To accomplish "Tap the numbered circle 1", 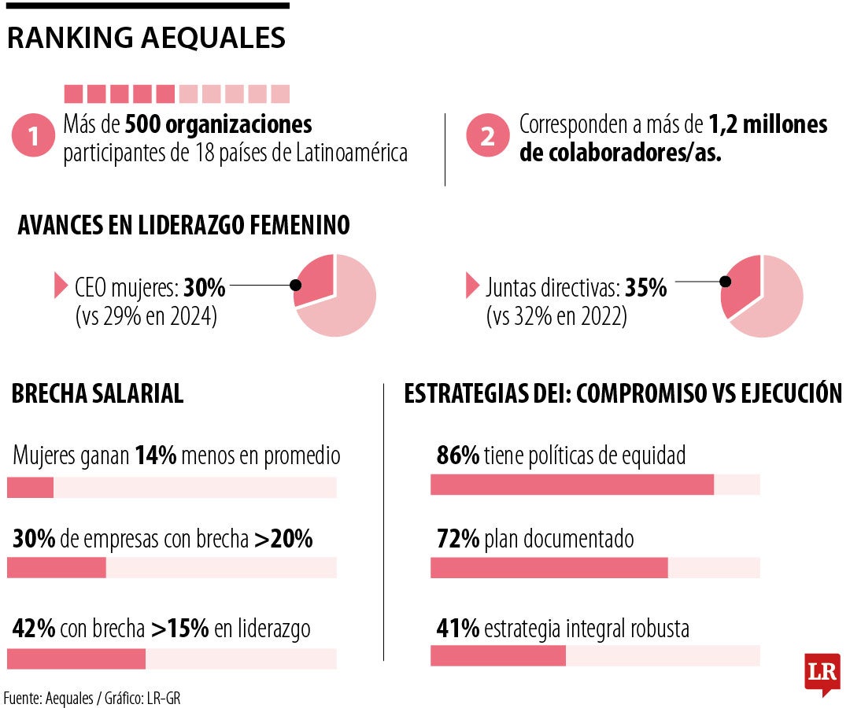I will [x=33, y=137].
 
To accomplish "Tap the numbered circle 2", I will [x=487, y=137].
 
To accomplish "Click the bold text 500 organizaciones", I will [x=218, y=124].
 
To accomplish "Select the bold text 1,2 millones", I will [x=767, y=124].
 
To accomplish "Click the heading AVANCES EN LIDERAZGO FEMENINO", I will [x=183, y=226].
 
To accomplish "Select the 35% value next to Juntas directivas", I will [x=646, y=289].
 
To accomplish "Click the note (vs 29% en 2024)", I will [x=146, y=317].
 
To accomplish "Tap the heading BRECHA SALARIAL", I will [x=98, y=393].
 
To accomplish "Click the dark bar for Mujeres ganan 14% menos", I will [x=30, y=488].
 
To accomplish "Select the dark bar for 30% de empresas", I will [x=57, y=567].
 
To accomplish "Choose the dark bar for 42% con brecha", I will [x=76, y=658].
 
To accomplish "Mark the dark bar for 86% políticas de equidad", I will [x=571, y=485].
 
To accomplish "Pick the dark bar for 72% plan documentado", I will [x=549, y=567].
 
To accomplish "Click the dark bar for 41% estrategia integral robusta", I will [x=497, y=655].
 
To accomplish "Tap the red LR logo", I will [x=822, y=673].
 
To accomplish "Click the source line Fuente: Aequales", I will [x=93, y=698].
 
